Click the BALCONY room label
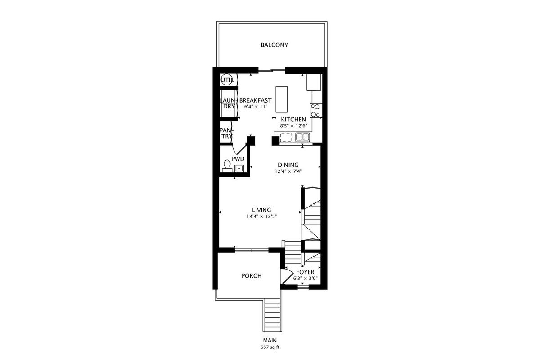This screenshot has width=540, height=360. pyautogui.click(x=274, y=45)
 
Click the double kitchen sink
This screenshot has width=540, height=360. pyautogui.click(x=303, y=137)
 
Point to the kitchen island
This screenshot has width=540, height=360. pyautogui.click(x=282, y=99)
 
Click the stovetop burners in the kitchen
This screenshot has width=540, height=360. pyautogui.click(x=316, y=111)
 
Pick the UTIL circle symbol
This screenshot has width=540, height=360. pyautogui.click(x=227, y=80)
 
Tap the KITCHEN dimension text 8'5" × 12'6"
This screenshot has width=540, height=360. pyautogui.click(x=293, y=126)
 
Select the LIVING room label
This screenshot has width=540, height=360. pyautogui.click(x=261, y=210)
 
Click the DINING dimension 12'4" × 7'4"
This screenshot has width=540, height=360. pyautogui.click(x=288, y=171)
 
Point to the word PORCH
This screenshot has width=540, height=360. pyautogui.click(x=252, y=276)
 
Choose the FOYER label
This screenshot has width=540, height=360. pyautogui.click(x=305, y=272)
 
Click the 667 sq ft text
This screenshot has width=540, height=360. pyautogui.click(x=270, y=347)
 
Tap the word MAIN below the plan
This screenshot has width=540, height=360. pyautogui.click(x=270, y=341)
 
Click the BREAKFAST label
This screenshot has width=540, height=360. pyautogui.click(x=256, y=100)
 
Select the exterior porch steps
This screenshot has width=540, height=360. pyautogui.click(x=272, y=315)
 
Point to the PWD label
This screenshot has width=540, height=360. pyautogui.click(x=238, y=159)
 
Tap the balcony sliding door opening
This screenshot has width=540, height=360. pyautogui.click(x=272, y=70)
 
